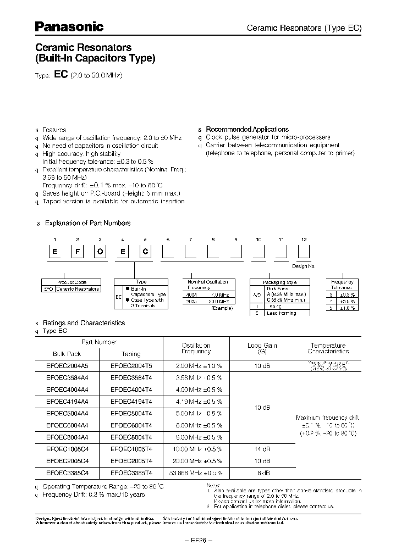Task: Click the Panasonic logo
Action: pyautogui.click(x=69, y=26)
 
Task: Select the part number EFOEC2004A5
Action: pyautogui.click(x=66, y=364)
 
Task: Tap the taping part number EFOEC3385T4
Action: pyautogui.click(x=131, y=472)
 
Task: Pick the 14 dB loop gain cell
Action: pyautogui.click(x=262, y=449)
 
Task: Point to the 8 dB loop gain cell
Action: pyautogui.click(x=262, y=472)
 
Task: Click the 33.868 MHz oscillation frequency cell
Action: pyautogui.click(x=196, y=472)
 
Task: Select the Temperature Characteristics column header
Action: pyautogui.click(x=328, y=348)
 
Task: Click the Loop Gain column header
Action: pyautogui.click(x=262, y=348)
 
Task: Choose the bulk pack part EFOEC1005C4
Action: pyautogui.click(x=66, y=449)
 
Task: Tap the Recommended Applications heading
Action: pyautogui.click(x=247, y=129)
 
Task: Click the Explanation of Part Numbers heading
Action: pyautogui.click(x=87, y=223)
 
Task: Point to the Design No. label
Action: pyautogui.click(x=303, y=266)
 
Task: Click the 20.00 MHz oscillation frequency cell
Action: pyautogui.click(x=196, y=460)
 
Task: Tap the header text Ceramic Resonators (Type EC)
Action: pyautogui.click(x=304, y=28)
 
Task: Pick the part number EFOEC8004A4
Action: pyautogui.click(x=66, y=437)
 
